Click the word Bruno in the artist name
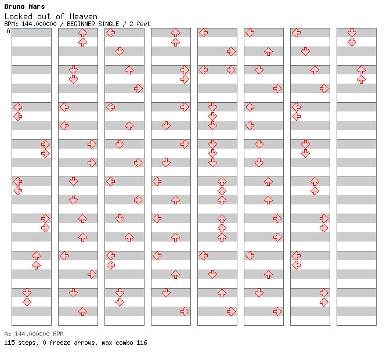click(x=15, y=6)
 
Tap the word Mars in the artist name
click(x=37, y=6)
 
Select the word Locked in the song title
click(x=19, y=16)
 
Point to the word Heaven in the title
click(x=84, y=16)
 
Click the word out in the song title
click(x=44, y=17)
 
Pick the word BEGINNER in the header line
click(x=81, y=24)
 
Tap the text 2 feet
click(x=140, y=24)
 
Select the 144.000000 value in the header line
click(x=39, y=24)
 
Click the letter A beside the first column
click(x=9, y=31)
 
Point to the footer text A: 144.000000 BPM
click(x=34, y=334)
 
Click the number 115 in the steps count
click(x=9, y=343)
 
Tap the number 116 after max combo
click(x=142, y=343)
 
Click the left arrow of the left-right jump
click(x=204, y=70)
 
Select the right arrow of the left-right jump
click(x=231, y=70)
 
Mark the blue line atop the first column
click(x=31, y=28)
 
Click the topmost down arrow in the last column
click(x=352, y=33)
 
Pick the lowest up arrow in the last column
click(x=361, y=80)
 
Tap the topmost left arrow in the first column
click(x=18, y=107)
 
